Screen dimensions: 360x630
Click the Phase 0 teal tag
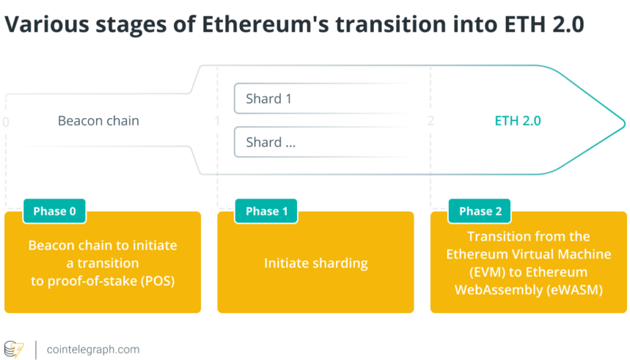[55, 211]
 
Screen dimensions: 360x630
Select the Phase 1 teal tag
[267, 211]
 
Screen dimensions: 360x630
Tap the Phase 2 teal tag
[480, 211]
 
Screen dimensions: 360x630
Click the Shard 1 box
[321, 99]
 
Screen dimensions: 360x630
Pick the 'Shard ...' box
[321, 143]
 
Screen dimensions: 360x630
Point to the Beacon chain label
[98, 121]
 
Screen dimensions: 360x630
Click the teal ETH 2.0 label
[518, 121]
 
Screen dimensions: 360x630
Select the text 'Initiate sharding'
[316, 263]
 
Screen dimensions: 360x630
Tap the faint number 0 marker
[6, 122]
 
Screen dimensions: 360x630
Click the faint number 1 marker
[217, 121]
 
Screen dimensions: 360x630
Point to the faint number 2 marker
[430, 121]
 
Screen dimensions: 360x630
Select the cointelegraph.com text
[93, 349]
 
